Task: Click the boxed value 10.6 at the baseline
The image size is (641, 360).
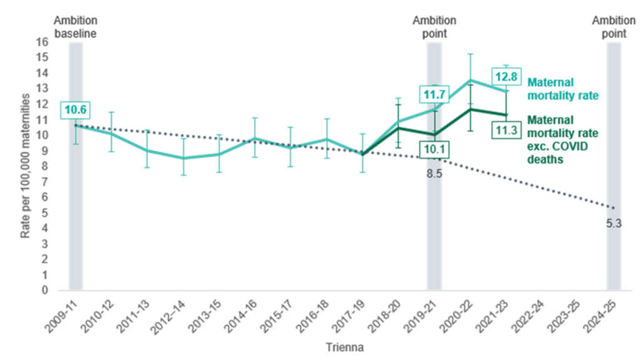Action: (x=74, y=110)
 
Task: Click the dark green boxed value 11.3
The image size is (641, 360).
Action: (x=506, y=130)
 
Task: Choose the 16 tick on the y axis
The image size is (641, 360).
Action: (x=43, y=42)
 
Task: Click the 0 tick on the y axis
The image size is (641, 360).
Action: (x=45, y=290)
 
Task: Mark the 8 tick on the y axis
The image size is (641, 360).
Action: (x=45, y=166)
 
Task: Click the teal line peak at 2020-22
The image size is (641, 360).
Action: (x=470, y=80)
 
